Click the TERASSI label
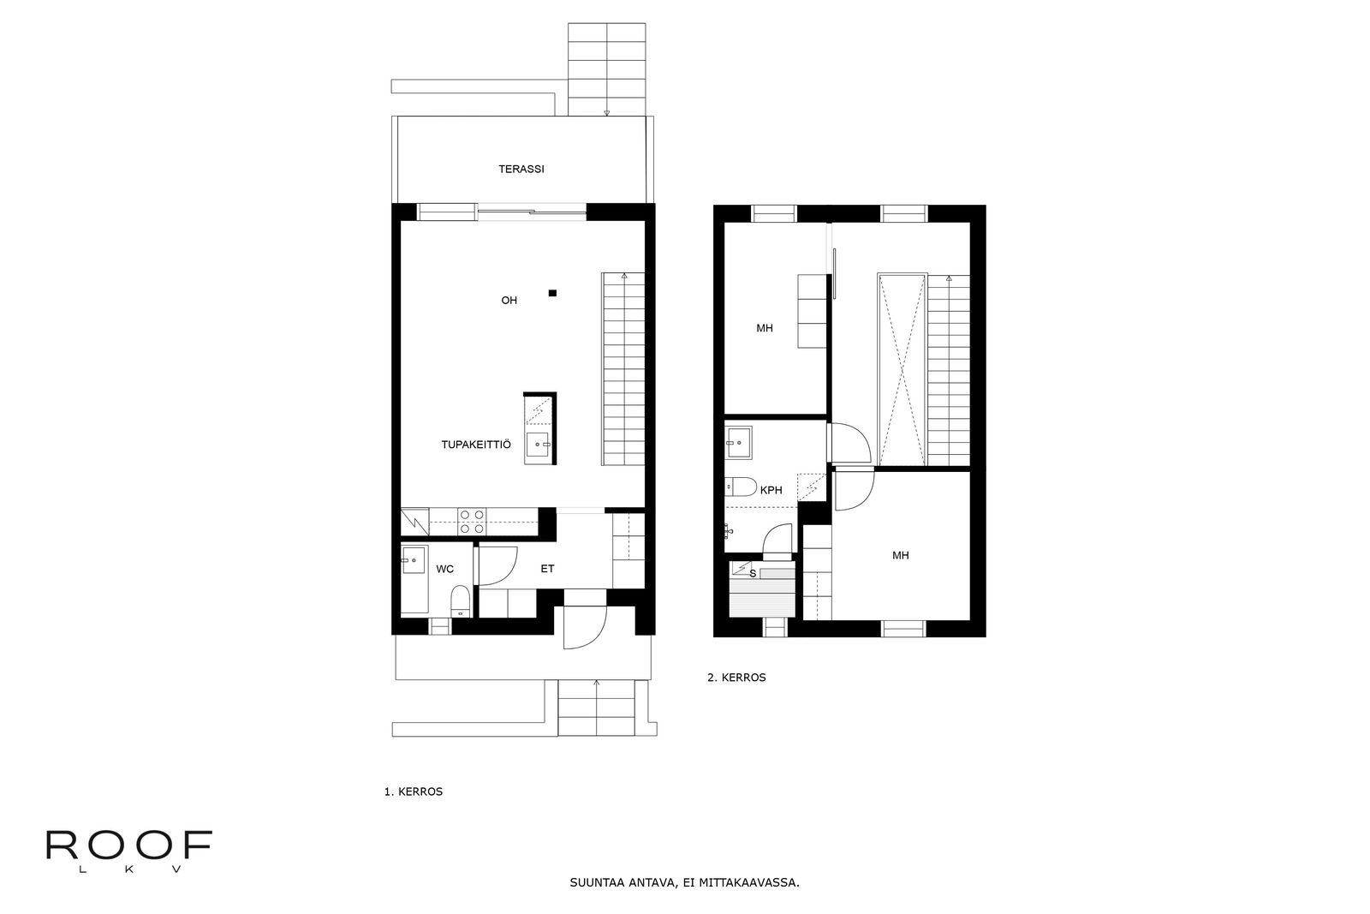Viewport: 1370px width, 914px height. point(521,169)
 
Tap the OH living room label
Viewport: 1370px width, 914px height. point(509,301)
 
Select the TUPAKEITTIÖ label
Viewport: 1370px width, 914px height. point(476,445)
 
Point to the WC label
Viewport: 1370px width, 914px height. point(444,569)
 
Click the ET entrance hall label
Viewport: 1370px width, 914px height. point(547,569)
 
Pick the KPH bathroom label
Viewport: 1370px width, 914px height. point(771,490)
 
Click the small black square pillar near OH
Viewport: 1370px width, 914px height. point(552,293)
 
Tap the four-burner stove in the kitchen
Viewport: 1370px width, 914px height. point(472,521)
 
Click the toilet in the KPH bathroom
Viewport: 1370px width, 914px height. point(741,487)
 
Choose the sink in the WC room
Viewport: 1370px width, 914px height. point(413,560)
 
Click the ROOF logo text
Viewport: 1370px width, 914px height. point(129,845)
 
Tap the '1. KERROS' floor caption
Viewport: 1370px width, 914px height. point(414,792)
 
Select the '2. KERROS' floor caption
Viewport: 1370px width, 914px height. point(736,678)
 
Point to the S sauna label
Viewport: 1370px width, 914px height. point(753,574)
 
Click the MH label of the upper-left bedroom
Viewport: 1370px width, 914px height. point(765,329)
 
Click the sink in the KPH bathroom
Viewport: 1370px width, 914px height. point(739,442)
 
